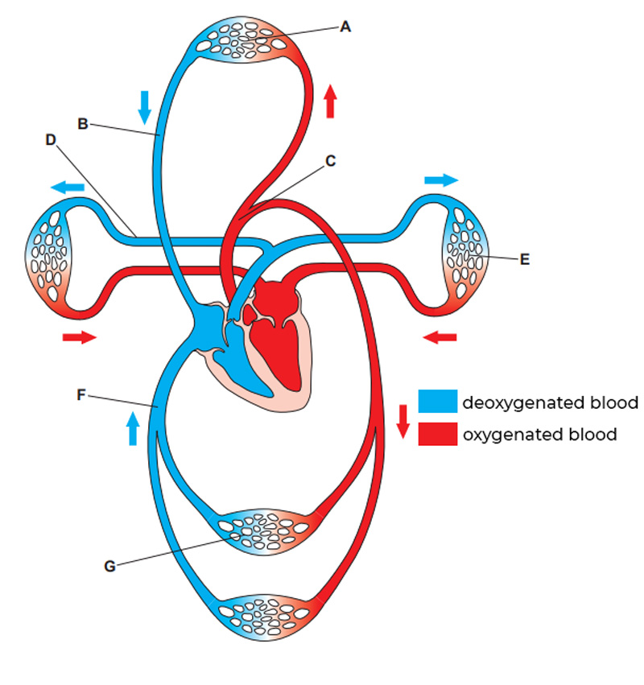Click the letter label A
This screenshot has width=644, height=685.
(345, 27)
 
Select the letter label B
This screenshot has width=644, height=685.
(82, 124)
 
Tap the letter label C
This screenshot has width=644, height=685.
(330, 160)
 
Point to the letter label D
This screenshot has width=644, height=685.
(51, 139)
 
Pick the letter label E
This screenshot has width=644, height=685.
(525, 259)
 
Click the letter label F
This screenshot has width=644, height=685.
(80, 395)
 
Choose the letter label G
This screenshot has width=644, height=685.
(109, 566)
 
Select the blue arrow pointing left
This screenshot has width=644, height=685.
(68, 187)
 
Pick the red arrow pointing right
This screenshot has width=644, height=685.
(80, 337)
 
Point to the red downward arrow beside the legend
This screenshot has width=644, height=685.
(403, 421)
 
